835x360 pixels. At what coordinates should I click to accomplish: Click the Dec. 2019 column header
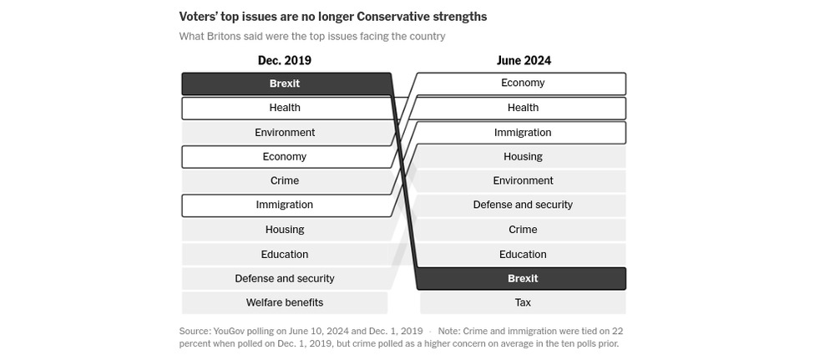[284, 61]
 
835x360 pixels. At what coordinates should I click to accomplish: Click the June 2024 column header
[524, 61]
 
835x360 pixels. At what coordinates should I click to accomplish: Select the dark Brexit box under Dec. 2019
[285, 84]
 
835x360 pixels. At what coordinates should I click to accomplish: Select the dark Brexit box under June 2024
[523, 278]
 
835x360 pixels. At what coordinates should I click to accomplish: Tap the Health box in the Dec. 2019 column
[285, 108]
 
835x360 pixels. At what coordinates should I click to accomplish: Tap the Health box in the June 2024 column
[523, 108]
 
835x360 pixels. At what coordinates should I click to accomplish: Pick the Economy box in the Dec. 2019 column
[285, 156]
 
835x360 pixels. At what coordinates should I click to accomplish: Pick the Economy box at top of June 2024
[523, 83]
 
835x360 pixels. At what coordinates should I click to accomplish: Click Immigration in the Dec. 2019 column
[285, 205]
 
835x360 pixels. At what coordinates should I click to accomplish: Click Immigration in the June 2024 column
[523, 132]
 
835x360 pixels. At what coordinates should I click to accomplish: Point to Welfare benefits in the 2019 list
[285, 302]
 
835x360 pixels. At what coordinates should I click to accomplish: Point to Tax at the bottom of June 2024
[523, 302]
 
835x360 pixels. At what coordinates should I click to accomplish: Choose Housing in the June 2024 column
[523, 156]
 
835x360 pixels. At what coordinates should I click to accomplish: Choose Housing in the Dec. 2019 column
[285, 229]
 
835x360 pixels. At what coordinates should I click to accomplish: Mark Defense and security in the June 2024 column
[523, 205]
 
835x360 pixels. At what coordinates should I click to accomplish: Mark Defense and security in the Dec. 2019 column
[285, 278]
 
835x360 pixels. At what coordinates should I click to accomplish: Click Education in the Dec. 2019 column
[285, 254]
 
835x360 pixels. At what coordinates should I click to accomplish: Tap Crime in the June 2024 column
[523, 229]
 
